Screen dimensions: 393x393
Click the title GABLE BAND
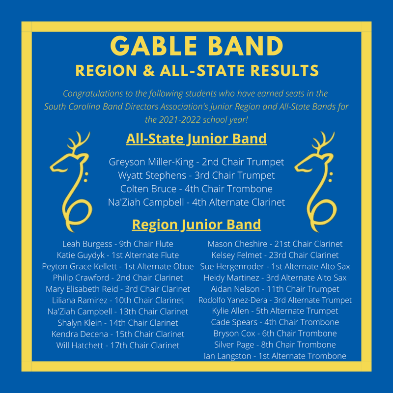[196, 47]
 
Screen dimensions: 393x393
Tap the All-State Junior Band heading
[196, 139]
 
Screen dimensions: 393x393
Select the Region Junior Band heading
[196, 225]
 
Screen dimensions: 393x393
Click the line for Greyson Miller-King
[196, 162]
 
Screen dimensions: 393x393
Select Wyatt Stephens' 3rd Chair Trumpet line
[196, 175]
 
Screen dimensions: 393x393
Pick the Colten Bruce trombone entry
[196, 189]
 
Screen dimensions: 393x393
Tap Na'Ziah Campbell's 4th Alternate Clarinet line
[196, 202]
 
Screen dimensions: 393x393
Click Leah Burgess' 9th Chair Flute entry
[118, 244]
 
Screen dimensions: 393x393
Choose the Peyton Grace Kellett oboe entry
[118, 266]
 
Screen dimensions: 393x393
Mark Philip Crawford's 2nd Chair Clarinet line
[118, 278]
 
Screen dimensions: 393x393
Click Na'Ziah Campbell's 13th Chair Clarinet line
[118, 311]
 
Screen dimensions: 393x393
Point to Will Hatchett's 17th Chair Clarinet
[118, 345]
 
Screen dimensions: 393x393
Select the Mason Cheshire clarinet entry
[275, 244]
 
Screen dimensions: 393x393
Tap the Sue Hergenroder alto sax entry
[275, 266]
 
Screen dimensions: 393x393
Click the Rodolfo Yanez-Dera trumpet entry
[275, 300]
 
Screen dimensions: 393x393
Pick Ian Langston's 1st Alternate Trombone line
[275, 356]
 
